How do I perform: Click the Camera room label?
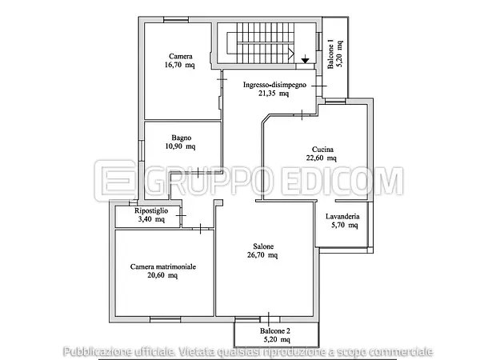tap(181, 56)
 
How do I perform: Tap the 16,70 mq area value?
tap(179, 65)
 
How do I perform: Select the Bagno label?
tap(182, 138)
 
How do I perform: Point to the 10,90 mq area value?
tap(180, 146)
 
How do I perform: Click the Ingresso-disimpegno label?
tap(274, 85)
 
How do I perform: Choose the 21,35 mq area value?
tap(274, 94)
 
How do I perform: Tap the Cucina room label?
tap(322, 150)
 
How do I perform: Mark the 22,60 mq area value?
tap(321, 158)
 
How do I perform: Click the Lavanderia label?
tap(342, 217)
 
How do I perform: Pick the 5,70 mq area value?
tap(345, 226)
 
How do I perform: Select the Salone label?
tap(263, 246)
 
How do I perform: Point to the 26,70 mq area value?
tap(262, 255)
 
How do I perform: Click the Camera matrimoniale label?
tap(163, 266)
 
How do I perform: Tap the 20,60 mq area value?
tap(162, 275)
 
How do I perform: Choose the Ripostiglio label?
tap(151, 210)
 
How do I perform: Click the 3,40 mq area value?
tap(151, 219)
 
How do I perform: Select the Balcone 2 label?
tap(275, 331)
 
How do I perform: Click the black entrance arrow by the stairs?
tap(305, 59)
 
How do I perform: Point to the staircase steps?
tap(259, 42)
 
